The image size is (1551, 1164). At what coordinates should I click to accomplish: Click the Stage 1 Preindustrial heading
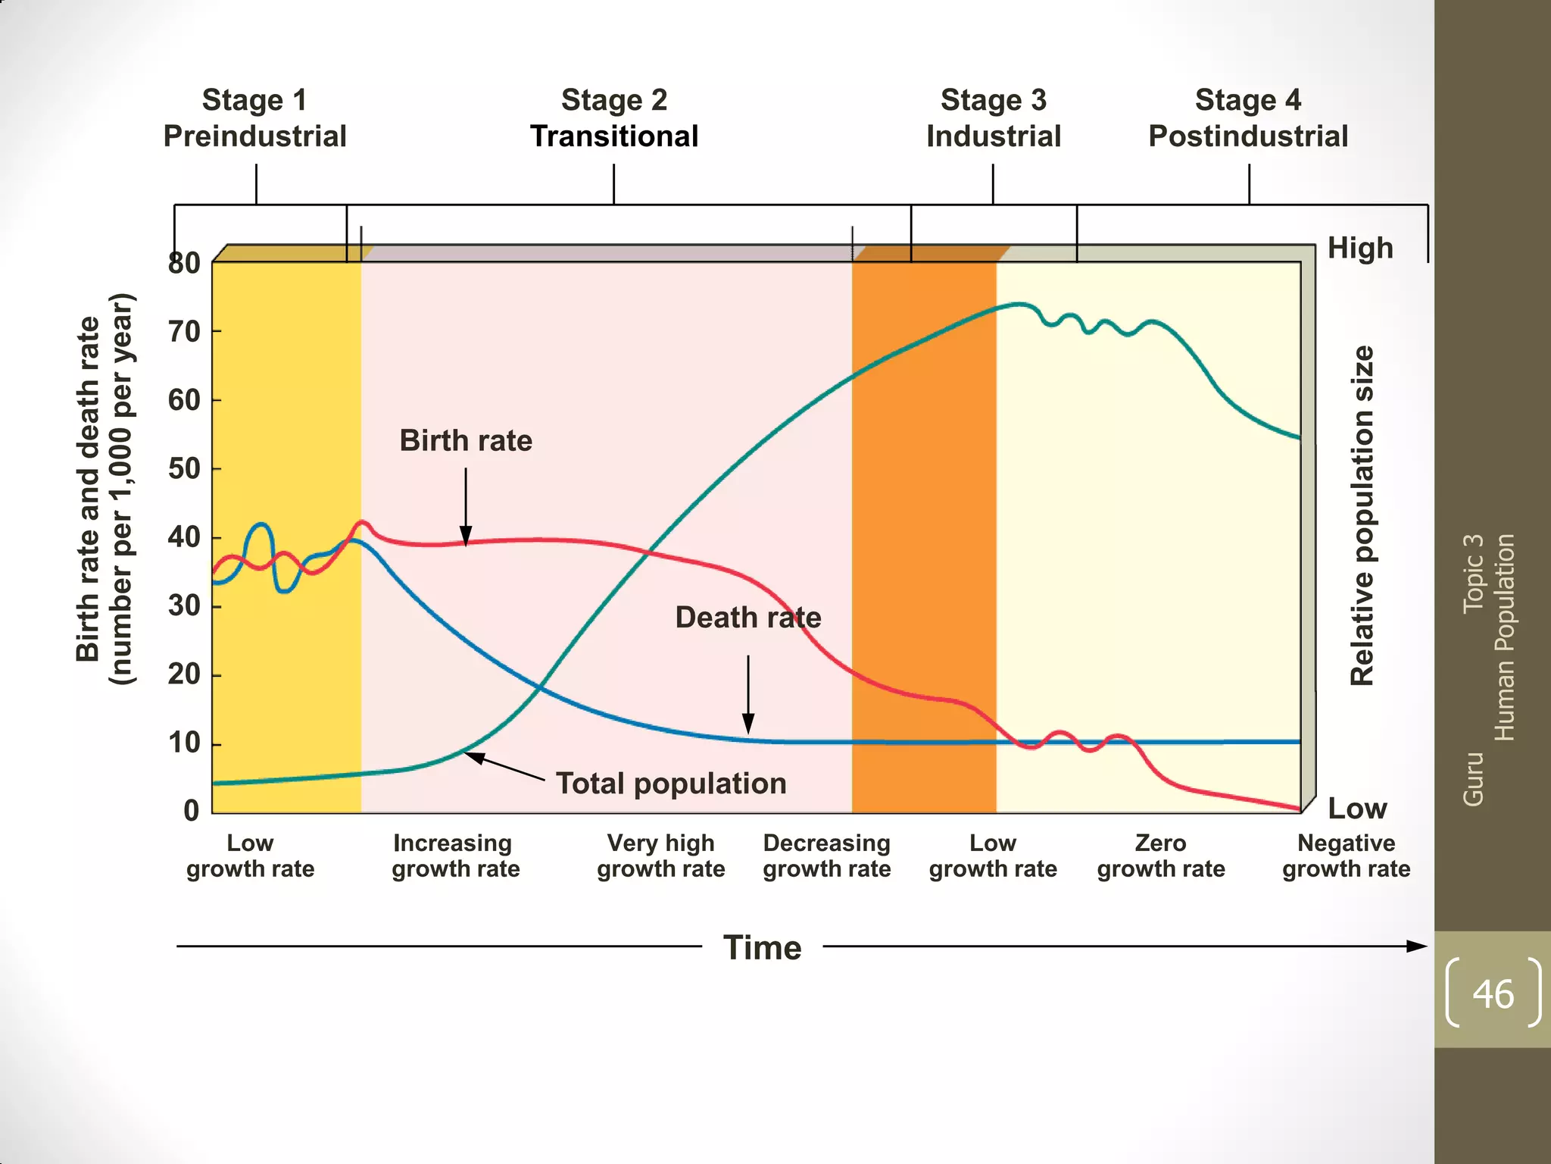point(255,118)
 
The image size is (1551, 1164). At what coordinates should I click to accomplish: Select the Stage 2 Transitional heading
point(613,118)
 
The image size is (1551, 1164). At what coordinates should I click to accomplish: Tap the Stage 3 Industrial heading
point(993,118)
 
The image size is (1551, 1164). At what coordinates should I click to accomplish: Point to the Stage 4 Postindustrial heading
point(1248,118)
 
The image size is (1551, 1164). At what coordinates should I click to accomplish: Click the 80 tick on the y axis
point(184,263)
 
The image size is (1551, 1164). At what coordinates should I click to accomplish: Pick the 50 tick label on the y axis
point(184,468)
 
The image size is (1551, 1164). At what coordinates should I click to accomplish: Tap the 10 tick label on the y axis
point(184,743)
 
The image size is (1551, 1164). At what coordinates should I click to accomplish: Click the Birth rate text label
point(466,440)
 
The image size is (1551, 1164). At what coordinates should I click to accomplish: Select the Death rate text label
point(747,617)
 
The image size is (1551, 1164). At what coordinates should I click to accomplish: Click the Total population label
point(671,783)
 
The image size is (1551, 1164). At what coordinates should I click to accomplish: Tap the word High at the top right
point(1360,248)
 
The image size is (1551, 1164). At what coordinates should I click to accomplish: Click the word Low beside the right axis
point(1357,808)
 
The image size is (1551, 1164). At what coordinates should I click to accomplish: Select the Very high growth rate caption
point(660,856)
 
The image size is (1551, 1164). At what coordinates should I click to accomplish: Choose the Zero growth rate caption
point(1160,856)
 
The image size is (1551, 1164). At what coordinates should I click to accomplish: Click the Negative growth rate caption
point(1346,856)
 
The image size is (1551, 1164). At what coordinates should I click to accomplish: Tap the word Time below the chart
point(762,947)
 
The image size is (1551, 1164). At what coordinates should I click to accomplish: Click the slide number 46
point(1493,993)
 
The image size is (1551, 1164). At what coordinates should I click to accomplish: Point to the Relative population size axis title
point(1362,515)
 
